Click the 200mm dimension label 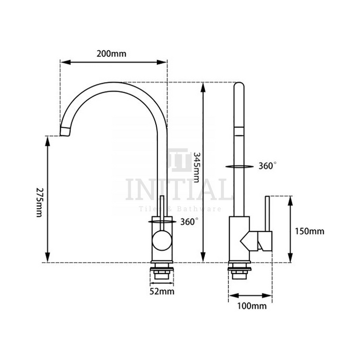click(x=111, y=54)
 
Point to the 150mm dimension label click(x=309, y=231)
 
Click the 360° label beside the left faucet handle click(x=189, y=222)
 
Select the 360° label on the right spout click(x=267, y=166)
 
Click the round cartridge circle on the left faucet click(x=162, y=242)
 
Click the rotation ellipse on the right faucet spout click(x=238, y=166)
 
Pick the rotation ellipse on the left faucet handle click(x=162, y=222)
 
